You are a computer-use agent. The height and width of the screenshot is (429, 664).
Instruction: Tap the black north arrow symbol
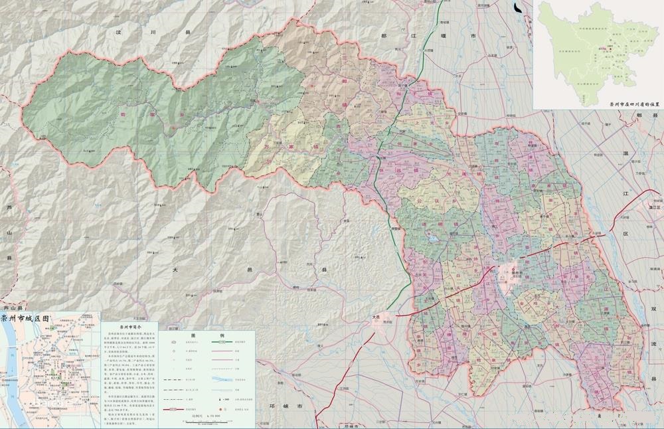pos(518,8)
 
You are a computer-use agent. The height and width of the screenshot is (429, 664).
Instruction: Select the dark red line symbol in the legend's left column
pos(175,409)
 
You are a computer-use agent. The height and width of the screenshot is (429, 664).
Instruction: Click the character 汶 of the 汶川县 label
pos(120,31)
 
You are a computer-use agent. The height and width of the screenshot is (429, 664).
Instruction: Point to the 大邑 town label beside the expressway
pos(378,317)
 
